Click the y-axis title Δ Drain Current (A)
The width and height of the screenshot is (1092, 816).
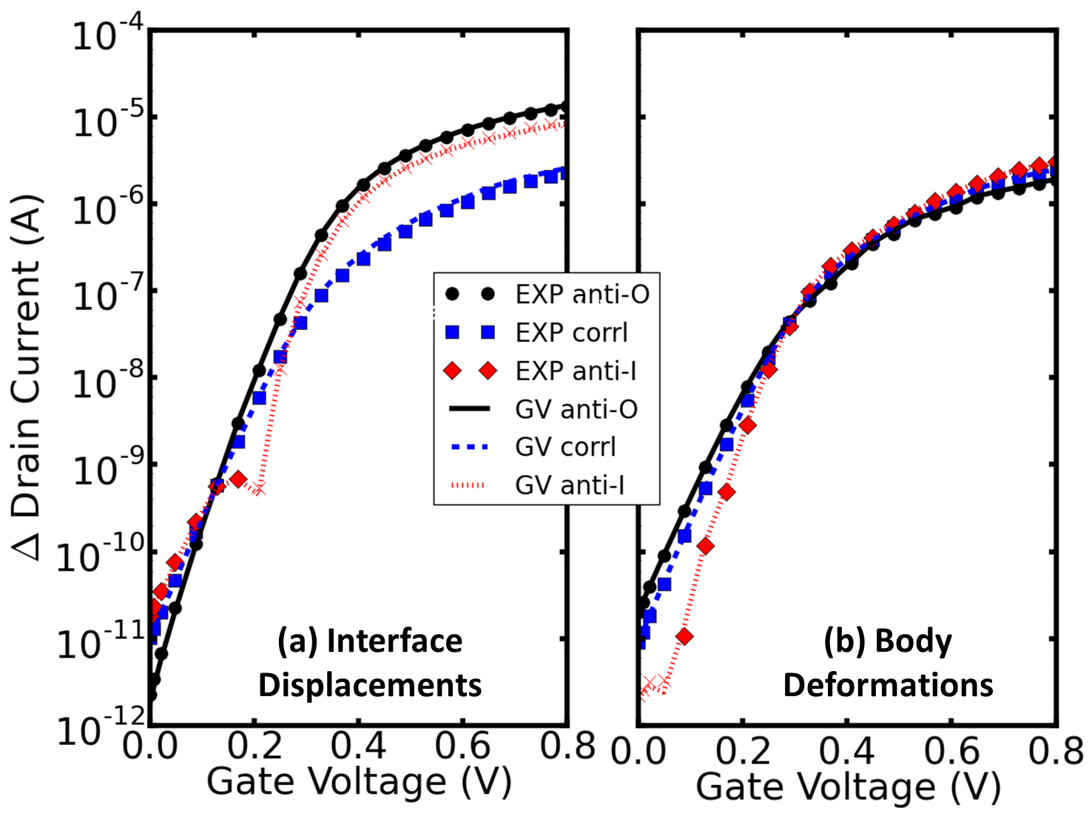tap(28, 377)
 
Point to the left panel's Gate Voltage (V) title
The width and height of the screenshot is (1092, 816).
tap(359, 781)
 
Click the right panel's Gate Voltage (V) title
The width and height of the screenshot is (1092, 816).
tap(848, 786)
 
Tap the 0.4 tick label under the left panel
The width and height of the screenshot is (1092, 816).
tap(358, 748)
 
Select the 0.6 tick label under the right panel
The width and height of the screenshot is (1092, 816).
tap(952, 752)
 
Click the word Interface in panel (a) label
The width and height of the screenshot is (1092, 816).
tap(394, 641)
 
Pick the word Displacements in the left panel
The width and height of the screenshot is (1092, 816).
tap(370, 685)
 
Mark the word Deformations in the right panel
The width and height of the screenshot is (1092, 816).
tap(888, 685)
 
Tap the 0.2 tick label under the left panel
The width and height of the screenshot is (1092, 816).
tap(255, 748)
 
